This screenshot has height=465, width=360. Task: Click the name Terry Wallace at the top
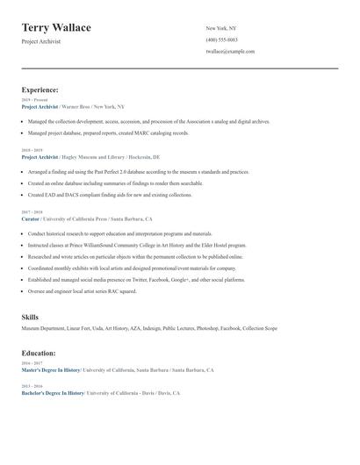[56, 28]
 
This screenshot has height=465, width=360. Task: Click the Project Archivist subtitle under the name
[41, 42]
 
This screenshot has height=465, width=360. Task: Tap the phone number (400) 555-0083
[221, 39]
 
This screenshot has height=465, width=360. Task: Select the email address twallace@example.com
[230, 52]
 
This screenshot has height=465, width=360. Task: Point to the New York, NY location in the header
[221, 28]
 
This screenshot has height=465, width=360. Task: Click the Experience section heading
[40, 89]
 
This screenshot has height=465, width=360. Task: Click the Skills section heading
[30, 316]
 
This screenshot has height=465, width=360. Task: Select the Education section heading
[40, 353]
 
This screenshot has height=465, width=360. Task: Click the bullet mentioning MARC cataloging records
[108, 133]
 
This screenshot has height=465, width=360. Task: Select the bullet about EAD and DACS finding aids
[110, 195]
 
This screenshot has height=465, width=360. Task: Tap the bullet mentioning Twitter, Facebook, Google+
[136, 280]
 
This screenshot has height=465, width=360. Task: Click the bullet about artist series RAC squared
[83, 291]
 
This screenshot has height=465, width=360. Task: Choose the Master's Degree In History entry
[51, 369]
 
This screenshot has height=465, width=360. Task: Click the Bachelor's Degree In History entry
[53, 393]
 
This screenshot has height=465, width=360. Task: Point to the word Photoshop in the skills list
[207, 328]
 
